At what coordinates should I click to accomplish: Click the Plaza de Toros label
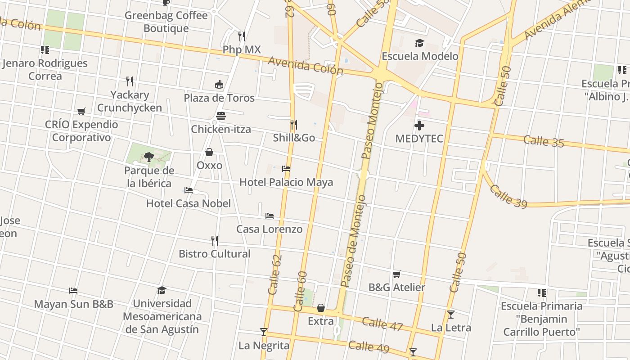click(x=219, y=98)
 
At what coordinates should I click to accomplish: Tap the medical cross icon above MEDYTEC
click(x=419, y=126)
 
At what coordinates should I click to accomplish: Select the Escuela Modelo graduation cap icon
click(x=419, y=43)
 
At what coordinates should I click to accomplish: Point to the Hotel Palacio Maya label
click(x=286, y=182)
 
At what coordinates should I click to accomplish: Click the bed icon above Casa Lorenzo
click(x=270, y=216)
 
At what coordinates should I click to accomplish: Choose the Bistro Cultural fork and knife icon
click(x=215, y=241)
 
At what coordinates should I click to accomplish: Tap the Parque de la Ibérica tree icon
click(x=149, y=157)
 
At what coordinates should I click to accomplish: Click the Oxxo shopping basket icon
click(x=209, y=152)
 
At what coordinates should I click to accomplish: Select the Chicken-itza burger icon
click(x=221, y=116)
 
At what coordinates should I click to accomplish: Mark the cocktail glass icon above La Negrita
click(x=264, y=332)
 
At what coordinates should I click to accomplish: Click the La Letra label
click(x=451, y=328)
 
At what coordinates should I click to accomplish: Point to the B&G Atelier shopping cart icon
click(x=396, y=274)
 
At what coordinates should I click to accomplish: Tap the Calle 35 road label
click(x=544, y=141)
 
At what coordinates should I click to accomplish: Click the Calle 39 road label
click(x=508, y=196)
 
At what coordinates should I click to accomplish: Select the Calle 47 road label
click(x=382, y=324)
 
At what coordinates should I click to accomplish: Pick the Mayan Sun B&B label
click(x=74, y=304)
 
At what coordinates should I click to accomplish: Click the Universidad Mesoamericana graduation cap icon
click(x=162, y=290)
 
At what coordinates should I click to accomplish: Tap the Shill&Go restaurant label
click(x=294, y=138)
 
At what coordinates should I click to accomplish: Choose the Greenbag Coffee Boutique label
click(x=166, y=22)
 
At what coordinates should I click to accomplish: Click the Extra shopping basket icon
click(x=321, y=308)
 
